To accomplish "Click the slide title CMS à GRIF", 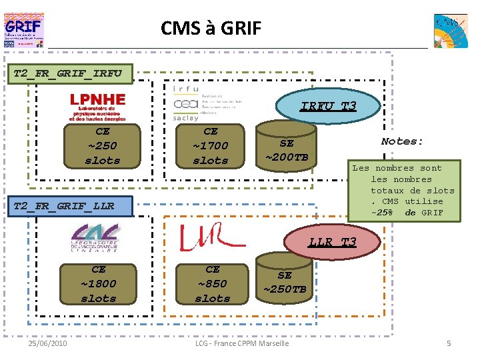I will click(x=211, y=28).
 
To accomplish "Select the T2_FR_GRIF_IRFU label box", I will click(x=69, y=72).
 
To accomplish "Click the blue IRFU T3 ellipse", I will click(x=328, y=106).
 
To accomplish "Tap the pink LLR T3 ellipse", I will click(x=332, y=242).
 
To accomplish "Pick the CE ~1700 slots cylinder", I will click(x=210, y=146).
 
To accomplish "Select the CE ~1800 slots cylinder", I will click(x=99, y=284).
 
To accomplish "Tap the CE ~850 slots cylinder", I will click(x=212, y=284).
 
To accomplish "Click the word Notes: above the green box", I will click(x=402, y=141).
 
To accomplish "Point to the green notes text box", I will click(x=407, y=190).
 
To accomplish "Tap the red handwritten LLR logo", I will click(x=203, y=237).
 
